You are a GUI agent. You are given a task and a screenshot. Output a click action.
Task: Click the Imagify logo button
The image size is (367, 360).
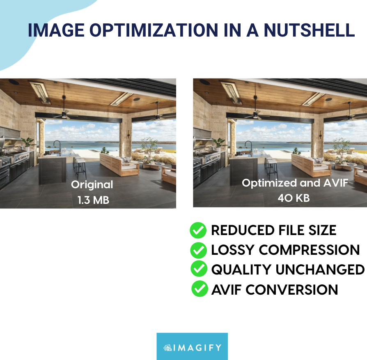[192, 346]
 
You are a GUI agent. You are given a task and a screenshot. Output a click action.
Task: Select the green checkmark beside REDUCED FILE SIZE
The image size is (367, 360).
[198, 231]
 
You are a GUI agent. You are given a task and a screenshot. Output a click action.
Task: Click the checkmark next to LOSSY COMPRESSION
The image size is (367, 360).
[198, 250]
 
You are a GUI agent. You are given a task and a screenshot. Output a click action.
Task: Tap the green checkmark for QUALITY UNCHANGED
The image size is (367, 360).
[199, 269]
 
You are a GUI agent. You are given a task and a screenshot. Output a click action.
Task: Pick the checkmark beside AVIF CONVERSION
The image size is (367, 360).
[200, 289]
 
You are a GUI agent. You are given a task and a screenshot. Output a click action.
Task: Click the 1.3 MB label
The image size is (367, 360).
[93, 200]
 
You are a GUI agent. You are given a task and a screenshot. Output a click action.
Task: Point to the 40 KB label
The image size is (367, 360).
[294, 198]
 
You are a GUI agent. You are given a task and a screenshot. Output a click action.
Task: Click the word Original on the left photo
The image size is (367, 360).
[92, 185]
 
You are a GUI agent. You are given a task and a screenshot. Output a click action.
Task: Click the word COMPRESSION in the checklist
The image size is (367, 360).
[309, 250]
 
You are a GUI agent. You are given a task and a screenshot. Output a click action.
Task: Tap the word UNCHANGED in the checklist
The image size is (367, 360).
[319, 270]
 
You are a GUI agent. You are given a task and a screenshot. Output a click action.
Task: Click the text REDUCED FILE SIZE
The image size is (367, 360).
[273, 231]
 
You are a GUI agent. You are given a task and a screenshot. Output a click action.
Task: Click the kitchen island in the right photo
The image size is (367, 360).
[244, 168]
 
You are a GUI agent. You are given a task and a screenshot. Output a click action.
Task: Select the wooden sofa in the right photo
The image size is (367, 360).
[310, 164]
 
